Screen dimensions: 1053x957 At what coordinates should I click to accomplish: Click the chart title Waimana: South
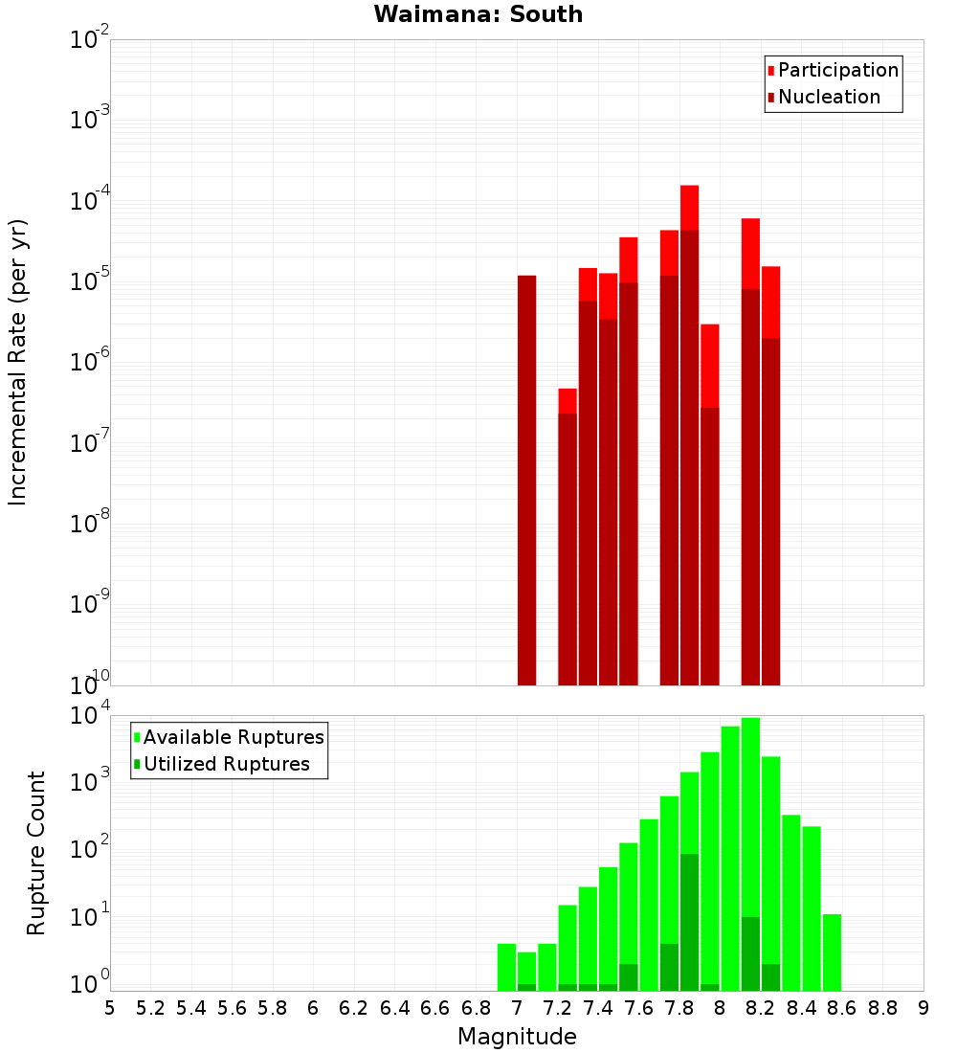pos(478,14)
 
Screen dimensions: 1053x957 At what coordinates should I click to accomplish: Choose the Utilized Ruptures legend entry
pos(226,764)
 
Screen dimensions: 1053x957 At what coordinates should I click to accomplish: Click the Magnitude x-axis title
pos(517,1037)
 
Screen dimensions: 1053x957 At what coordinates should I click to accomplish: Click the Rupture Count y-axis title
pos(36,852)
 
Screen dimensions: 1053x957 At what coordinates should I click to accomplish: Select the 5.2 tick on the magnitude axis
pos(150,1008)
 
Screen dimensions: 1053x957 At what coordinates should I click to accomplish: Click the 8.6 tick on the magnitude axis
pos(842,1008)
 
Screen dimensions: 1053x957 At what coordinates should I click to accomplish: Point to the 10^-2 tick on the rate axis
pos(90,40)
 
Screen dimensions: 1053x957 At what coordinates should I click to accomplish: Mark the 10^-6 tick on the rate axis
pos(90,362)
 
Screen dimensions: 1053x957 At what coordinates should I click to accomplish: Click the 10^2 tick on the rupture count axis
pos(90,849)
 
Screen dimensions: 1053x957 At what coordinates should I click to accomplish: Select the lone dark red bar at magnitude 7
pos(526,479)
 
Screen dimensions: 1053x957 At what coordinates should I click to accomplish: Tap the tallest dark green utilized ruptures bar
pos(689,919)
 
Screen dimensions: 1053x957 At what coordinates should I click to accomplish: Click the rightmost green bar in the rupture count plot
pos(832,952)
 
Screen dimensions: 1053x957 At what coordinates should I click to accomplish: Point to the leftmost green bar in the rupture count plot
pos(506,967)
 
